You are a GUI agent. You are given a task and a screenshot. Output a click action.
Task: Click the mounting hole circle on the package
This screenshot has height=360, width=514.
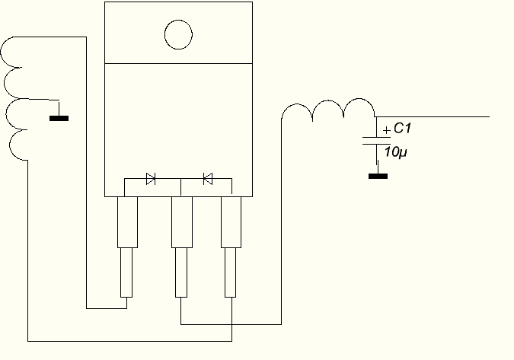click(178, 33)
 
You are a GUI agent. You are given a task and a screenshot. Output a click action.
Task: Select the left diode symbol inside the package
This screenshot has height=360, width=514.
click(151, 179)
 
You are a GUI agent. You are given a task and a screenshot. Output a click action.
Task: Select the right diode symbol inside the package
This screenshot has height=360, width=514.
click(207, 179)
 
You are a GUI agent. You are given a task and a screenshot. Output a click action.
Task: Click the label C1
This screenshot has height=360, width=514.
click(403, 130)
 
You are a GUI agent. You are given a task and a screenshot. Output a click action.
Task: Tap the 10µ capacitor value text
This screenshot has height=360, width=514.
click(396, 152)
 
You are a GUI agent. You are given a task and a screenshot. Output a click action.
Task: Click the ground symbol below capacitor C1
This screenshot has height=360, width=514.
click(378, 176)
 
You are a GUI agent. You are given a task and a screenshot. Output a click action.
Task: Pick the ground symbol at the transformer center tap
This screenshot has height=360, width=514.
click(59, 118)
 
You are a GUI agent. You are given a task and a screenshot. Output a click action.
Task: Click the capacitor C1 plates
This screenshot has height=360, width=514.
click(377, 142)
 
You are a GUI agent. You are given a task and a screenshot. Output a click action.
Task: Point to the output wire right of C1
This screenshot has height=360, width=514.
click(434, 117)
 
